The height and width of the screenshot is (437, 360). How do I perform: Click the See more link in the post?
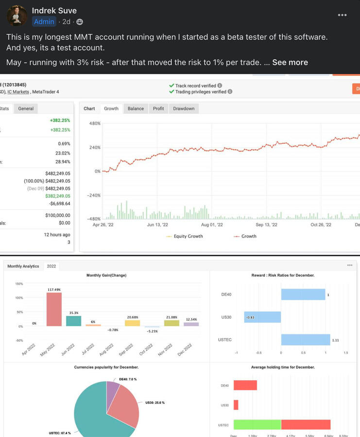click(x=290, y=62)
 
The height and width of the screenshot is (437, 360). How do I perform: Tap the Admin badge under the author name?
click(x=44, y=21)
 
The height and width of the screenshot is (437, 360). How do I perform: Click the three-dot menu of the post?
click(x=342, y=15)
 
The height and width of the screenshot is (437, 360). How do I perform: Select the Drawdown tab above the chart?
click(x=184, y=108)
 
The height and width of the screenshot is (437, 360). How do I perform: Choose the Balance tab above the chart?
click(x=136, y=108)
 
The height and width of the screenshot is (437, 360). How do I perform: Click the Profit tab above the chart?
click(x=158, y=108)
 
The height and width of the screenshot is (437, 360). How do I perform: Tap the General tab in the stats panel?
click(x=26, y=108)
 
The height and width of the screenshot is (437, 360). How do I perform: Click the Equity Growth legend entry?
click(x=188, y=236)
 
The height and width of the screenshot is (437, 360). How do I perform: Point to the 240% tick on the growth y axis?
click(x=94, y=148)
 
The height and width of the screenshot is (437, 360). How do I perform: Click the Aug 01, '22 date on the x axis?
click(x=212, y=225)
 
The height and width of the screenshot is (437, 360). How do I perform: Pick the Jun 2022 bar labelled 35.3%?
click(x=73, y=321)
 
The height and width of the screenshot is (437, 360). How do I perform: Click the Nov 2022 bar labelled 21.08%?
click(x=171, y=323)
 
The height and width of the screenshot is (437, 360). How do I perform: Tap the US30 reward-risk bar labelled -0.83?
click(x=262, y=317)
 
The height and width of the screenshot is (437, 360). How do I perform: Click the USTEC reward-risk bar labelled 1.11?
click(x=306, y=340)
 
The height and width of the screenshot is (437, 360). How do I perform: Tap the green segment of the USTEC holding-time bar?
click(x=257, y=424)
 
